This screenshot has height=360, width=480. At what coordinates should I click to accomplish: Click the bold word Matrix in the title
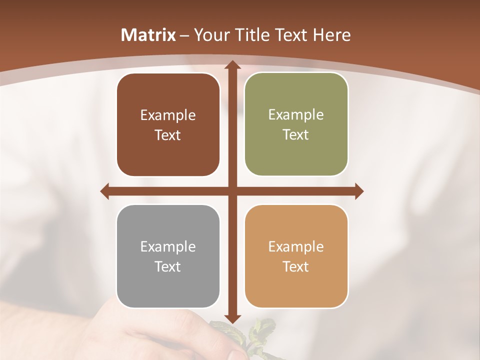point(148,35)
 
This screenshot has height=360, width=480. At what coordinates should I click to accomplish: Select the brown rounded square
point(168,125)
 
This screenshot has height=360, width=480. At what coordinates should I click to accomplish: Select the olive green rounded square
point(296,124)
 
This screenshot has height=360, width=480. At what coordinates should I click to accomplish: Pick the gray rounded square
point(168,256)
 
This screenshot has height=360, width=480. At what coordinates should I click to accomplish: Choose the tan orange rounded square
point(296,256)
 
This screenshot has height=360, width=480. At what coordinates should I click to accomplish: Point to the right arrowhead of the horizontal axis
point(359,191)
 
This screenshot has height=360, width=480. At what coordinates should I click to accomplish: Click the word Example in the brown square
point(168,115)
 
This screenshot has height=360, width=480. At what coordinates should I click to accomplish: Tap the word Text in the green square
point(296,135)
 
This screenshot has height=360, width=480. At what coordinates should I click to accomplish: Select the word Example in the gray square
point(168,246)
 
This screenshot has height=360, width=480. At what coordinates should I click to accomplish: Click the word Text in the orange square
point(296,266)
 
